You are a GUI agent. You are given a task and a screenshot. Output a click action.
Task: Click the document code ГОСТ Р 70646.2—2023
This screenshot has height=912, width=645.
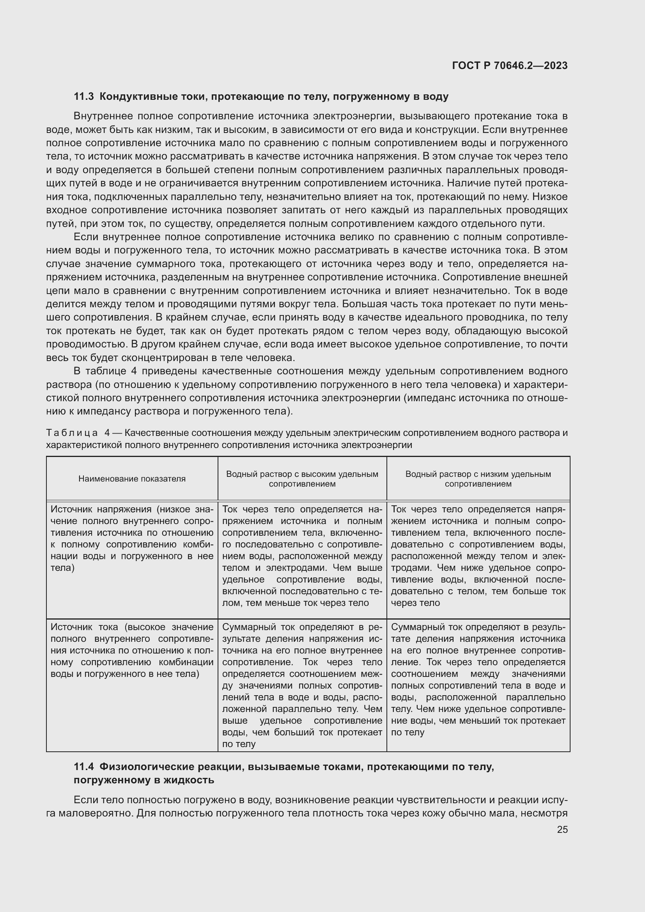[510, 66]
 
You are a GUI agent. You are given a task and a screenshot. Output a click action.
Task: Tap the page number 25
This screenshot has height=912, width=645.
[562, 829]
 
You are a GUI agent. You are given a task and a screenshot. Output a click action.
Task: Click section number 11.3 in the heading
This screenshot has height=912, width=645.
[83, 97]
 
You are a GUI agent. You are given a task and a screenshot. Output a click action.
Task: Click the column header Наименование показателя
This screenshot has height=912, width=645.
[132, 479]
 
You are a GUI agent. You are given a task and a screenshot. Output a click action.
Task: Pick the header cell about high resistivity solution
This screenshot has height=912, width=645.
[302, 479]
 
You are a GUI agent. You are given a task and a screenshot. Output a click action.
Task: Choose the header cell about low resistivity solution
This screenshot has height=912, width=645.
[478, 479]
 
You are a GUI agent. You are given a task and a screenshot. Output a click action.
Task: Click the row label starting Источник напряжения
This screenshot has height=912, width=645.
[132, 538]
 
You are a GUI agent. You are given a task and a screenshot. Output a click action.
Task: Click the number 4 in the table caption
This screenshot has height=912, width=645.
[107, 432]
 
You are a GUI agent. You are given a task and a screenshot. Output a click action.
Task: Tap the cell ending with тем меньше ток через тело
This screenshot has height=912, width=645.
[302, 556]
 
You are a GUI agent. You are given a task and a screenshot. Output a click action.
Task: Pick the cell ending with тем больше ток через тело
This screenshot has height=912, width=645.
[478, 556]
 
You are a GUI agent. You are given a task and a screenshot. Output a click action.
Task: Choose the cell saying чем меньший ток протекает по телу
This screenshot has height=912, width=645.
[478, 679]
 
